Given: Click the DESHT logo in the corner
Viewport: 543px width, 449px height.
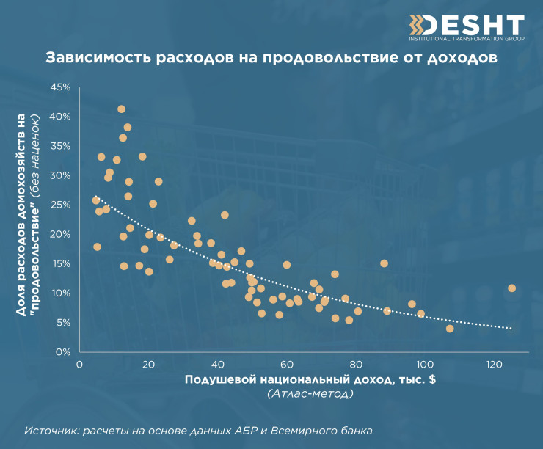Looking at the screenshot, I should point(466,26).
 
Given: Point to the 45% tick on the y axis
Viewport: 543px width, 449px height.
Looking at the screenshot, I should point(59,87).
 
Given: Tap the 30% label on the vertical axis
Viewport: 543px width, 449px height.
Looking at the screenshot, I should point(59,175).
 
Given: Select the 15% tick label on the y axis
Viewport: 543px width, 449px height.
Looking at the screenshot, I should point(59,263).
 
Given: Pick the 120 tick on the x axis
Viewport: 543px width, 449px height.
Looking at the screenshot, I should point(494,365).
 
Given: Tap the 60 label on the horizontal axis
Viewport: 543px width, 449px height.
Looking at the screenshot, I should point(287,365).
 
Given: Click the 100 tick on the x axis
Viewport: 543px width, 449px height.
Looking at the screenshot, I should point(425,365).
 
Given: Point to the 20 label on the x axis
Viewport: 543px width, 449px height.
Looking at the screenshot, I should point(149,365).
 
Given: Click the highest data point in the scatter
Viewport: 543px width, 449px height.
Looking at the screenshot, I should point(121,109).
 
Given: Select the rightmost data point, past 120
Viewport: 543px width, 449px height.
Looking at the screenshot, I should point(511,288).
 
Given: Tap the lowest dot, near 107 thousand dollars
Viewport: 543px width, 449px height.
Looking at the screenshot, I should point(450,329).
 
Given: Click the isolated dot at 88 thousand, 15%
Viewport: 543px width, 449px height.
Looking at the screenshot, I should point(384,263).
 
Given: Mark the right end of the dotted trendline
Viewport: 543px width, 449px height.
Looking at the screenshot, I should point(511,328).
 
